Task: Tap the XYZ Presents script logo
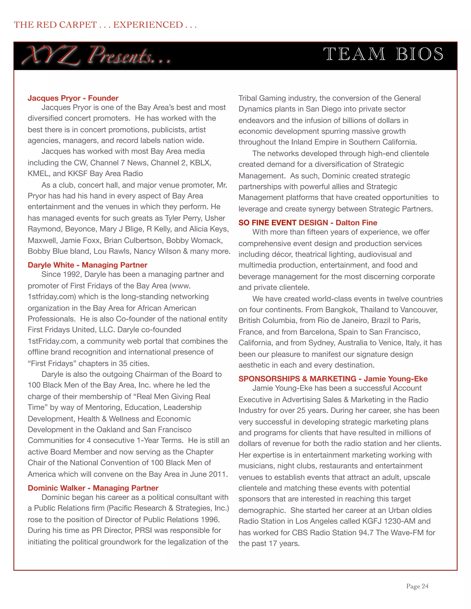tap(96, 55)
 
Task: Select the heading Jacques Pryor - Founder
tap(73, 98)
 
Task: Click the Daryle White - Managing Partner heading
tap(87, 265)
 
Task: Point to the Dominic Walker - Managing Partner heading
tap(93, 488)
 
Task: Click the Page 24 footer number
tap(417, 586)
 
